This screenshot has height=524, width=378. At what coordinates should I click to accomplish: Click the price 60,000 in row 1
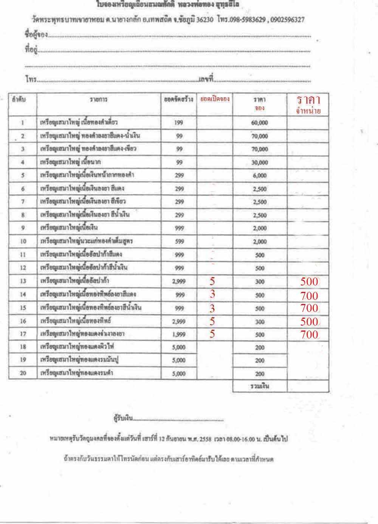click(259, 123)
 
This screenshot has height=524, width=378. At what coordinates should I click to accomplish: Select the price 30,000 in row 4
click(259, 162)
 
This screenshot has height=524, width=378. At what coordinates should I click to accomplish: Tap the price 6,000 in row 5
click(259, 176)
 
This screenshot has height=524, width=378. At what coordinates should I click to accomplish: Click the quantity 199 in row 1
click(179, 123)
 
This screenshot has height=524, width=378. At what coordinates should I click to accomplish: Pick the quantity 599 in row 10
click(179, 242)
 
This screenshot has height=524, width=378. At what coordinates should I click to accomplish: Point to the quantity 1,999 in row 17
click(179, 334)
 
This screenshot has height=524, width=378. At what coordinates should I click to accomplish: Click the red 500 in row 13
click(309, 282)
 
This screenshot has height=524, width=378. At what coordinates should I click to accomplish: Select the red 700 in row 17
click(309, 334)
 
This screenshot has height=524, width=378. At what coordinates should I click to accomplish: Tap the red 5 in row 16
click(212, 321)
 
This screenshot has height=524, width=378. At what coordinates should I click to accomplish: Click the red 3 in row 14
click(212, 295)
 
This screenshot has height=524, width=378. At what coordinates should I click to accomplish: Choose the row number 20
click(23, 373)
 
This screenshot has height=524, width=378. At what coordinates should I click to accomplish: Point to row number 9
click(23, 228)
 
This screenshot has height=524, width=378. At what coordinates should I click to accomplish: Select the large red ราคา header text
click(308, 100)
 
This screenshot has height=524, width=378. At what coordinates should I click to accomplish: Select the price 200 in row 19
click(260, 360)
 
